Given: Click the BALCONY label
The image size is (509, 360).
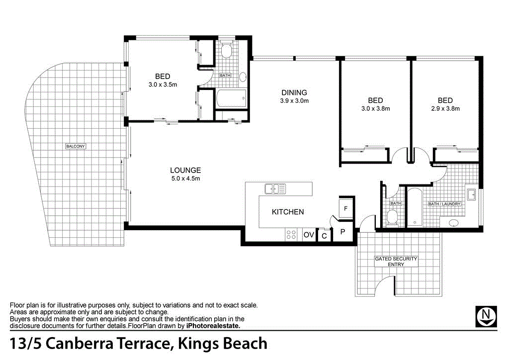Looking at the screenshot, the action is (76, 146).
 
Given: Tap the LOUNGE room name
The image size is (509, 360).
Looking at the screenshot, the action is (185, 170).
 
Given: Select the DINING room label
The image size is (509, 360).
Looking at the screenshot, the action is (294, 92).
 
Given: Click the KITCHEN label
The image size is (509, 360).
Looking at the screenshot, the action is (288, 212).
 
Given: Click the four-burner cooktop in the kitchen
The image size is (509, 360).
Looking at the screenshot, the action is (291, 235).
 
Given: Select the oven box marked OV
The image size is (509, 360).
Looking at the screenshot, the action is (309, 235).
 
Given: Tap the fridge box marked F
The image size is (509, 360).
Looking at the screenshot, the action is (346, 208).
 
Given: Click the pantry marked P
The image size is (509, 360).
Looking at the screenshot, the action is (342, 232).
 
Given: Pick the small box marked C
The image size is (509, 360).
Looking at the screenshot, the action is (324, 235).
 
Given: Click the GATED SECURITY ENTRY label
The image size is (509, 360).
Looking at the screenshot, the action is (396, 262).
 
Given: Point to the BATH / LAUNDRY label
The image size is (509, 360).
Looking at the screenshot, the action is (444, 204).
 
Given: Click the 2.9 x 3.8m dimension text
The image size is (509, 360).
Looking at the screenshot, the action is (445, 109).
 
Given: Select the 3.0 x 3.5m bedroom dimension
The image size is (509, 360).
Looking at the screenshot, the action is (163, 85).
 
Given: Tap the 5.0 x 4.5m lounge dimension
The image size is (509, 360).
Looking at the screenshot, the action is (185, 179).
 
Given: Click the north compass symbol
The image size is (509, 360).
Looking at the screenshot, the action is (486, 316).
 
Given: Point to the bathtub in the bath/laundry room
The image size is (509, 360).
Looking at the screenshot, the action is (414, 207).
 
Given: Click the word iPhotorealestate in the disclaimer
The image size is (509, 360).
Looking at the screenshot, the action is (213, 326).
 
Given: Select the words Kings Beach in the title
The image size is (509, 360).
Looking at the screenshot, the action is (222, 344).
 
